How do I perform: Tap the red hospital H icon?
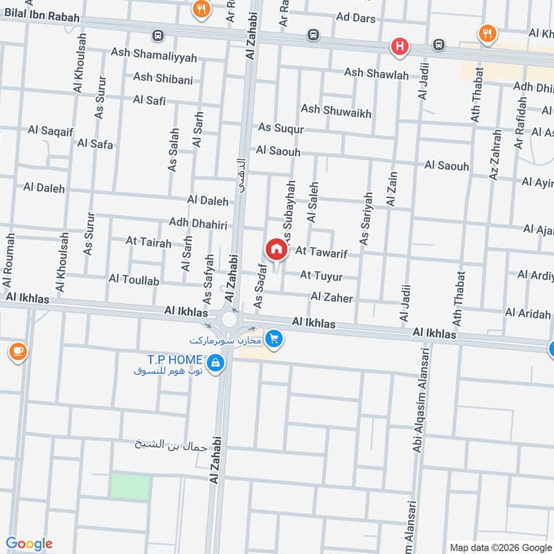point(400,47)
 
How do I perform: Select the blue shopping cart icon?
point(275,339)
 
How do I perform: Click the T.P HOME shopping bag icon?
point(215,362)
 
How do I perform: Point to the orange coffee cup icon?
point(17,352)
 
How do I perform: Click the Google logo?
point(29,544)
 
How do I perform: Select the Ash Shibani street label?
point(163,78)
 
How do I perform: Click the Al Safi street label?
point(149,100)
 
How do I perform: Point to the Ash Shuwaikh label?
point(336,111)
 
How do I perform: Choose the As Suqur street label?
point(280,128)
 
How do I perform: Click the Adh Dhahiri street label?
point(198,222)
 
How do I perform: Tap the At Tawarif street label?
point(321,254)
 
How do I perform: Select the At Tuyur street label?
point(321,276)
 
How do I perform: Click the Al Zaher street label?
point(332,298)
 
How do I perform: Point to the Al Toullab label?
point(134,280)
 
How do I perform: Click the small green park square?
point(129,486)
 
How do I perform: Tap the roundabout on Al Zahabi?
point(229,320)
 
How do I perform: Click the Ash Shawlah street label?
point(377,73)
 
